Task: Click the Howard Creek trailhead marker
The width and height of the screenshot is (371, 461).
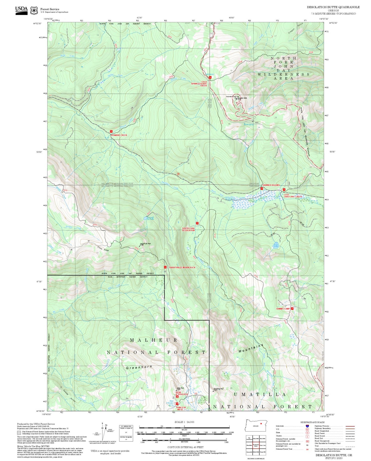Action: tap(111, 131)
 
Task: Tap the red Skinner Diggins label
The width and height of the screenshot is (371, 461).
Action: tap(271, 185)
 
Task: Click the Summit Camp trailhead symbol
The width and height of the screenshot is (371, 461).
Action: tap(292, 308)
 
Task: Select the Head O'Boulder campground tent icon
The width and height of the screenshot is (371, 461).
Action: tap(177, 397)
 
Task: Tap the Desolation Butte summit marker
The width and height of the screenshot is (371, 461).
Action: tap(236, 98)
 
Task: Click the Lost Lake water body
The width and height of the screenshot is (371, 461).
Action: tap(276, 246)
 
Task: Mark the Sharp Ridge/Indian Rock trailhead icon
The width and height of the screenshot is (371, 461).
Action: tap(165, 267)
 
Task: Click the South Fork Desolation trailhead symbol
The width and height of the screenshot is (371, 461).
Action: tap(197, 223)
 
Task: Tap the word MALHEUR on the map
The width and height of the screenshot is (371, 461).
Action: tap(154, 340)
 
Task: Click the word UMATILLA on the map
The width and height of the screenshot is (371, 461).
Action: tap(260, 394)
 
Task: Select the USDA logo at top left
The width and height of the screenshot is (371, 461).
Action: tap(21, 10)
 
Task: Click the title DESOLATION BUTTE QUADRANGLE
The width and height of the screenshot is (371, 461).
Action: tap(333, 7)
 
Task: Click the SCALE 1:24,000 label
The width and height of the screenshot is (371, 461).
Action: tap(184, 422)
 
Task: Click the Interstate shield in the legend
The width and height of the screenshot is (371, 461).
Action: tap(307, 426)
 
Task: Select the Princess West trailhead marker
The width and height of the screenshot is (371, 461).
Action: tap(177, 404)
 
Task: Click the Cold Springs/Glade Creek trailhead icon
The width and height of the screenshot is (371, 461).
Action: tap(210, 77)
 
